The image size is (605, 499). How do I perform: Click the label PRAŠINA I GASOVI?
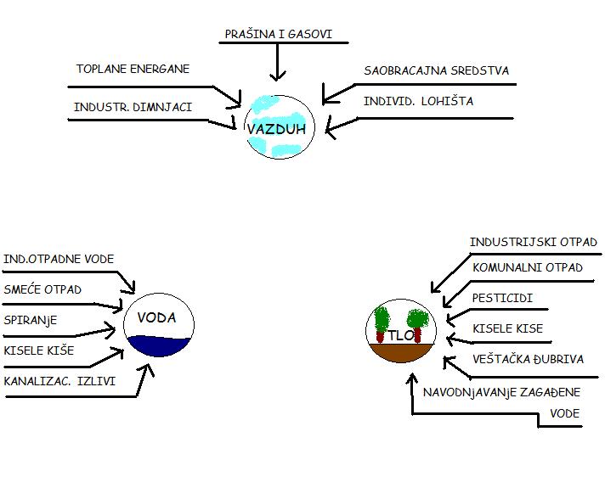pyautogui.click(x=278, y=35)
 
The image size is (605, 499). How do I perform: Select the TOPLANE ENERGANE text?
pyautogui.click(x=133, y=69)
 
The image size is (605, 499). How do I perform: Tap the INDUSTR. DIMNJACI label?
pyautogui.click(x=133, y=107)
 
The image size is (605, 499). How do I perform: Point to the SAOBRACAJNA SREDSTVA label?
pyautogui.click(x=436, y=70)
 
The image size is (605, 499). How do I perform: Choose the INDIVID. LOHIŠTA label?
pyautogui.click(x=418, y=101)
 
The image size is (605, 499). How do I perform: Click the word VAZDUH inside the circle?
pyautogui.click(x=276, y=129)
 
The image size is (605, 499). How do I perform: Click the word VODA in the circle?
pyautogui.click(x=155, y=317)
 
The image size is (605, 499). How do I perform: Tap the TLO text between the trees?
pyautogui.click(x=403, y=335)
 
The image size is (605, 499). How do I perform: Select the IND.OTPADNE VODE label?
pyautogui.click(x=59, y=259)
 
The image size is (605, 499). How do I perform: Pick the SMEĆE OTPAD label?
pyautogui.click(x=42, y=289)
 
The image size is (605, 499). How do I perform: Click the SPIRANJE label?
pyautogui.click(x=31, y=320)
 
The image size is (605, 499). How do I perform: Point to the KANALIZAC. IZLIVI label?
pyautogui.click(x=59, y=381)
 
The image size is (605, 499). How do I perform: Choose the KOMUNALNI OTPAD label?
pyautogui.click(x=528, y=267)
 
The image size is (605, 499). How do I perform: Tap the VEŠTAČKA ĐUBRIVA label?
pyautogui.click(x=528, y=359)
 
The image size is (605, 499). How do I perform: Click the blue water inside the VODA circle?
pyautogui.click(x=160, y=345)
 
